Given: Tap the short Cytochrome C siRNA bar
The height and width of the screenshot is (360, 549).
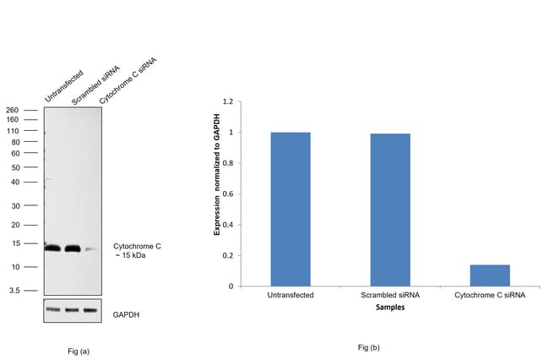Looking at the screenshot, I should click(489, 275).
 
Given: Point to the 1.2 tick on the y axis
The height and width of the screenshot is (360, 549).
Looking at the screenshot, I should click(227, 101).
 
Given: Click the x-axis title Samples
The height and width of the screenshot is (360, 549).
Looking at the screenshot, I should click(389, 308).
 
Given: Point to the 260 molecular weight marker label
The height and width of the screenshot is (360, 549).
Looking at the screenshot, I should click(12, 110).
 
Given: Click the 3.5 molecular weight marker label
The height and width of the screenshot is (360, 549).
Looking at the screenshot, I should click(14, 289).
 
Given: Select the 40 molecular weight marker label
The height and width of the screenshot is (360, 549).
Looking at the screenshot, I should click(14, 182).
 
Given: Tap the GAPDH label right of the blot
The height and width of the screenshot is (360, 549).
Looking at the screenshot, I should click(126, 314).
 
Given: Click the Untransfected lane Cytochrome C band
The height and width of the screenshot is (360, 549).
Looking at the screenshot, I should click(53, 248).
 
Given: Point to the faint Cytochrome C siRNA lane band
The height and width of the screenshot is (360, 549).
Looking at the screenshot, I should click(90, 249).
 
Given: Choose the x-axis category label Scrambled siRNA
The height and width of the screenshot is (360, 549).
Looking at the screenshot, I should click(389, 295).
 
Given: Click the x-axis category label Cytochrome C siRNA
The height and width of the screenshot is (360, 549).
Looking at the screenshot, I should click(489, 295).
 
